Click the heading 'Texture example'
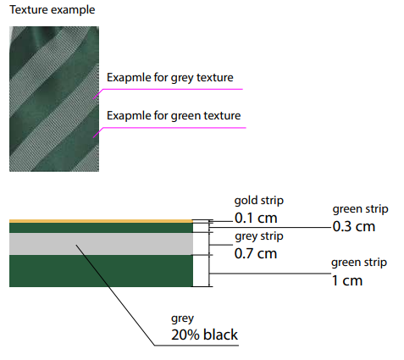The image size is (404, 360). [53, 10]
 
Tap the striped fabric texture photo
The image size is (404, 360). [54, 99]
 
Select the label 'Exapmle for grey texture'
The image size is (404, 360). [170, 78]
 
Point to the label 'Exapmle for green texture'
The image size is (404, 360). [174, 116]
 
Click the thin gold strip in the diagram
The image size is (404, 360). [101, 221]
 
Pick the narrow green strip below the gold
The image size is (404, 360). [101, 228]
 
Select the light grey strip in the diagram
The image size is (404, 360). [101, 244]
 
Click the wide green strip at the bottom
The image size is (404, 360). [101, 271]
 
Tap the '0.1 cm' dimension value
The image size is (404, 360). [256, 218]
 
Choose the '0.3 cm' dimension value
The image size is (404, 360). [354, 226]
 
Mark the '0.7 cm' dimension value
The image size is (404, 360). [256, 253]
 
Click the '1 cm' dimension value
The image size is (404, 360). [347, 280]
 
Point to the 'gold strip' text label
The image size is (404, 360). [259, 201]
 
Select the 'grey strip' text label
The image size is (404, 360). [259, 236]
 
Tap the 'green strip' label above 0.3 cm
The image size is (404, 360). [360, 209]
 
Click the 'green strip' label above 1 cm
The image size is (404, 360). [359, 263]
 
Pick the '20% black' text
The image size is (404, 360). [204, 335]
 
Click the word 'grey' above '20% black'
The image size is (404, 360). [182, 318]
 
